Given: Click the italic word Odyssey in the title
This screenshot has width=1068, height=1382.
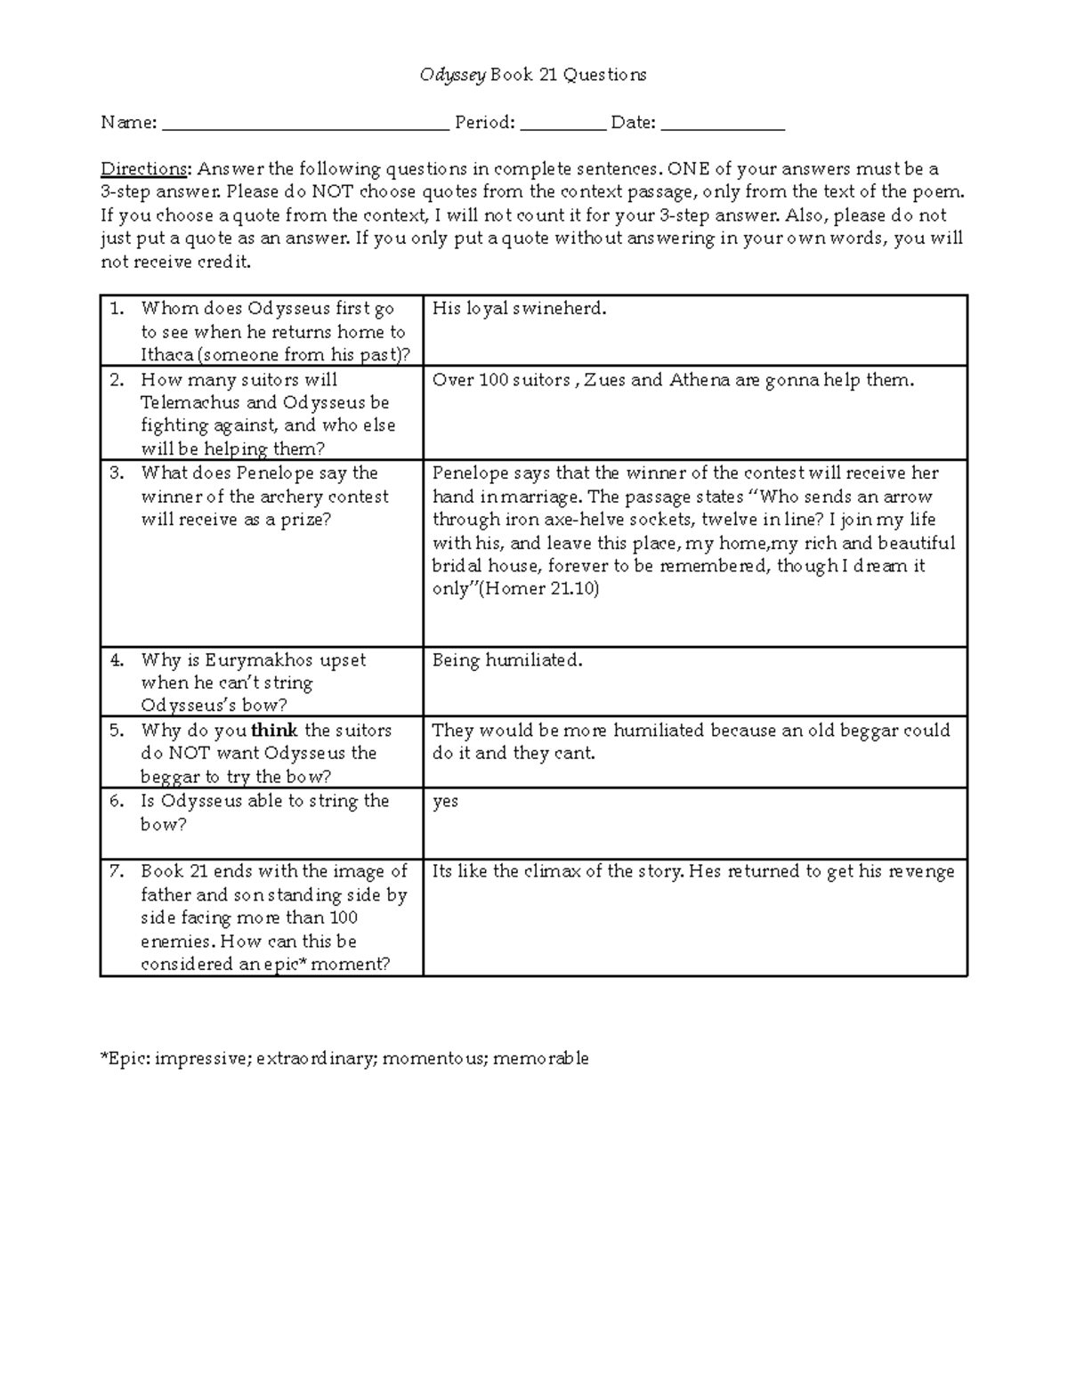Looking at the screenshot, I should point(452,76).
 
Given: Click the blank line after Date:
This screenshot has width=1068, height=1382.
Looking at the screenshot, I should point(723,125).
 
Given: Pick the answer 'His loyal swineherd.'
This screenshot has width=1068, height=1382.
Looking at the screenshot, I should point(519,309).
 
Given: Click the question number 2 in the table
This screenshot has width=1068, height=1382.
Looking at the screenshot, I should point(117,380).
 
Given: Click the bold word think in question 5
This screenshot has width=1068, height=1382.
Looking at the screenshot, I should point(275,731).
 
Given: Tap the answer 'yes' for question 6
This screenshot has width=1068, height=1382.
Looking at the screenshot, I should point(445,802).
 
